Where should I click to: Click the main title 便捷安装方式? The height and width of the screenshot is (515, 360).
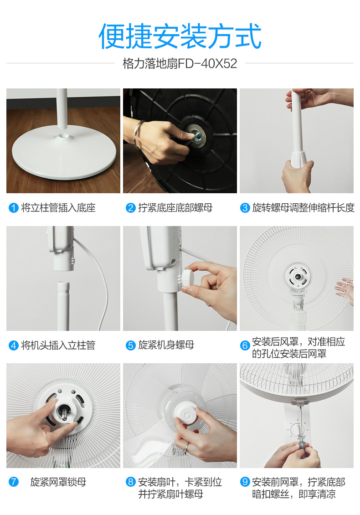[180, 36]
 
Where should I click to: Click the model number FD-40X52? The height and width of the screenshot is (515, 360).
[207, 63]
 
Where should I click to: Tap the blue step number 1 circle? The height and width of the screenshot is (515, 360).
[14, 208]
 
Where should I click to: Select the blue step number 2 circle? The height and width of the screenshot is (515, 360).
[130, 208]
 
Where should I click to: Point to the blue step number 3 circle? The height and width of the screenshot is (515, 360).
[245, 208]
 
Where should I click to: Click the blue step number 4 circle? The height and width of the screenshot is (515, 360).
[14, 345]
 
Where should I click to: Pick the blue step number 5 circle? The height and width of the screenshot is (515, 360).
[130, 345]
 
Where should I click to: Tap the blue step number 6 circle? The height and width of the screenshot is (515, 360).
[245, 345]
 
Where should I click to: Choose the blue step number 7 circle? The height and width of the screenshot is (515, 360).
[14, 482]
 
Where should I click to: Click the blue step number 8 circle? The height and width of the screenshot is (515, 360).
[130, 482]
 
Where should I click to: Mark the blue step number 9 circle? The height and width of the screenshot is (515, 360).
[245, 482]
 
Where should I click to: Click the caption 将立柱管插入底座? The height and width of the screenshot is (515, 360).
[58, 208]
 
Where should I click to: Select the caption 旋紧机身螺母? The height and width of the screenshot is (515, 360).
[166, 345]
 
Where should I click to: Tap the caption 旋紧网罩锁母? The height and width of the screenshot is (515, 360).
[58, 482]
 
